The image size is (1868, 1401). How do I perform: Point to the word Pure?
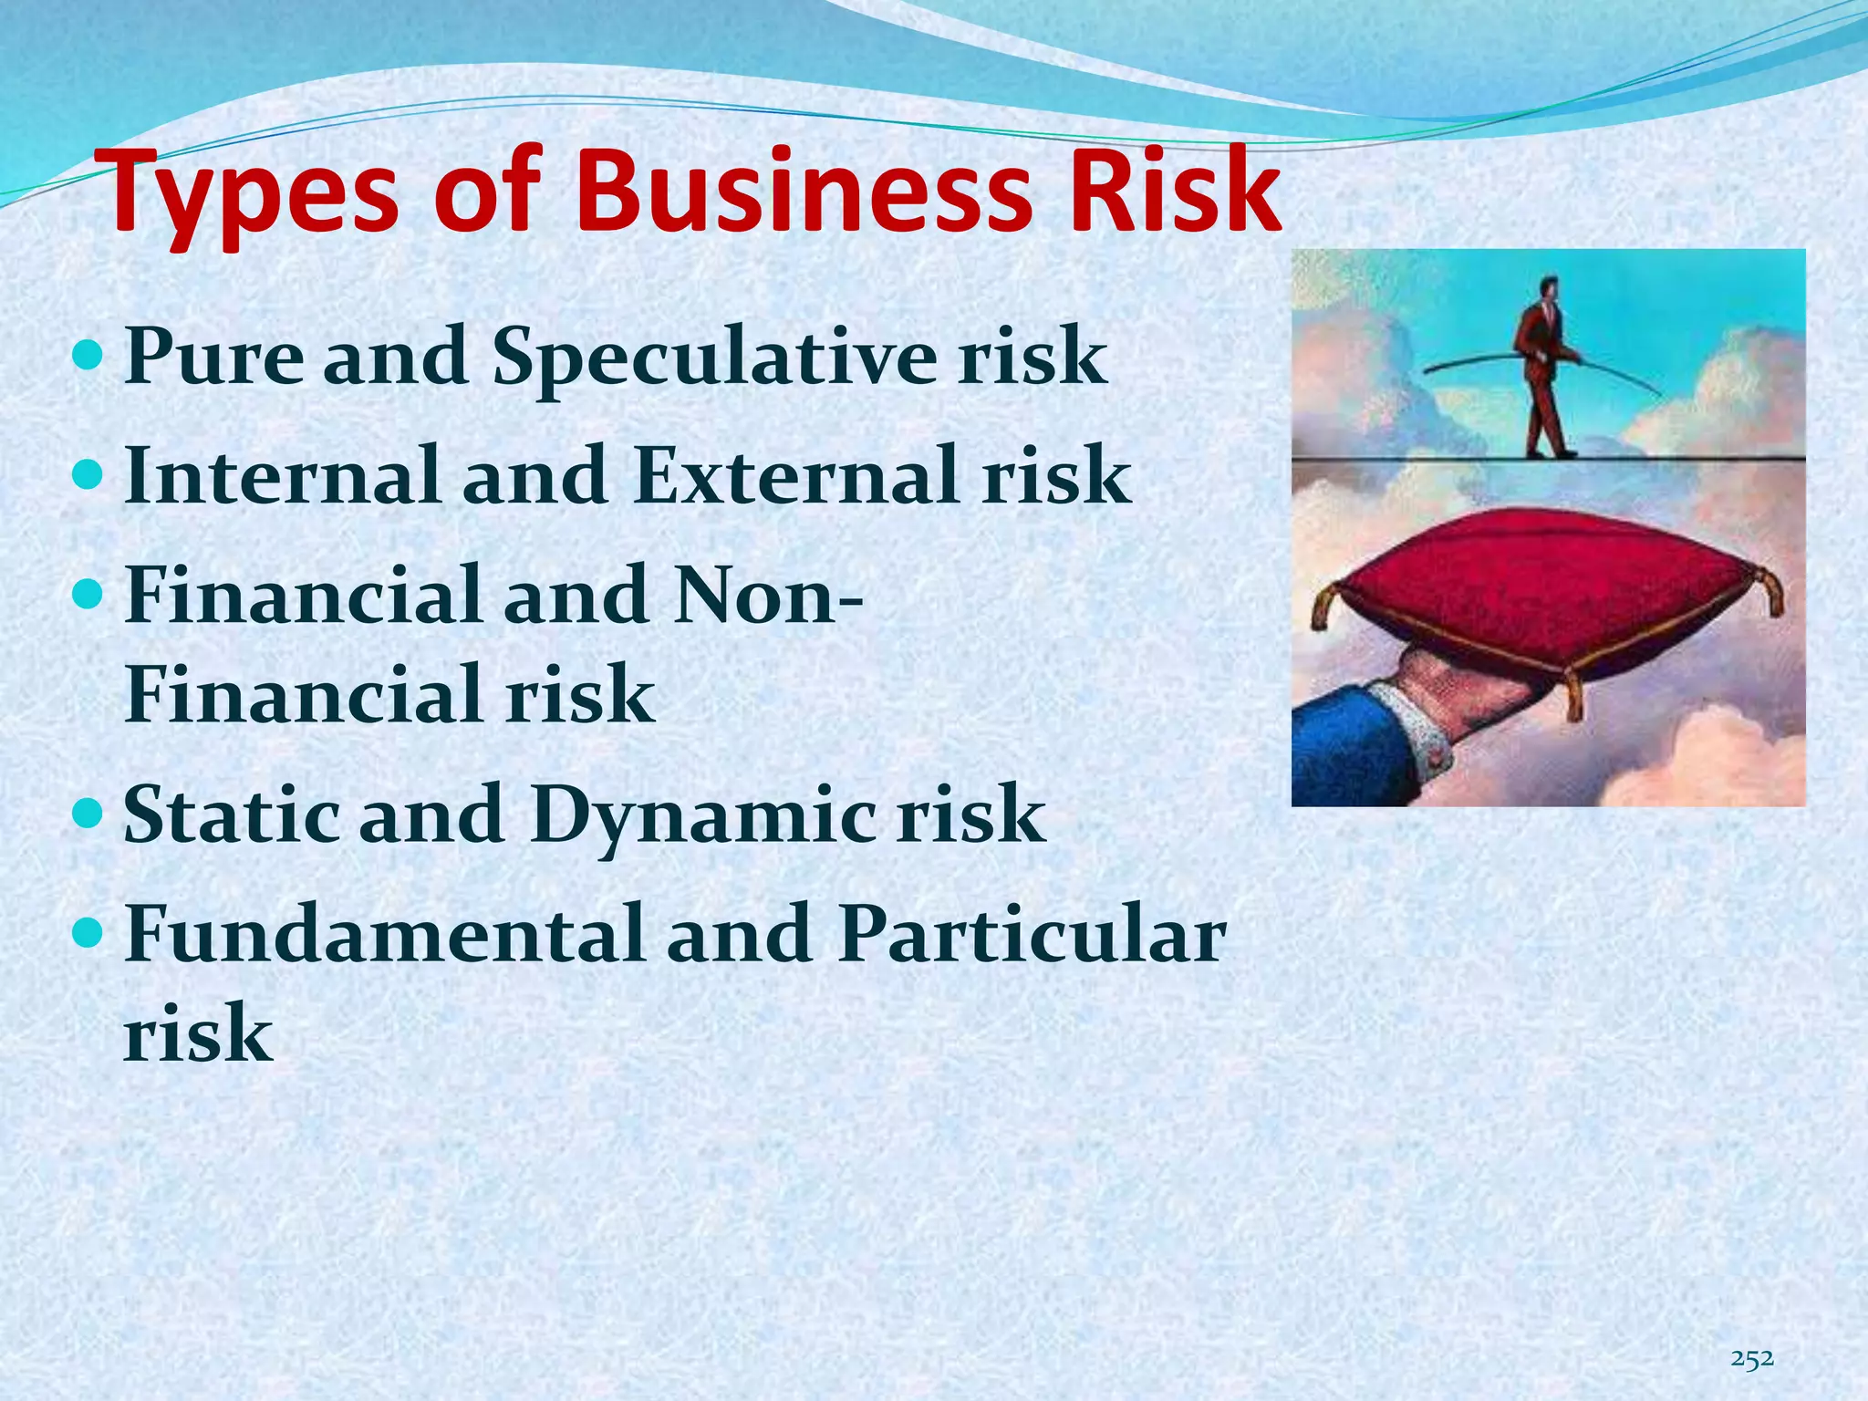point(213,356)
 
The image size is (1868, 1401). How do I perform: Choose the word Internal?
point(283,475)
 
